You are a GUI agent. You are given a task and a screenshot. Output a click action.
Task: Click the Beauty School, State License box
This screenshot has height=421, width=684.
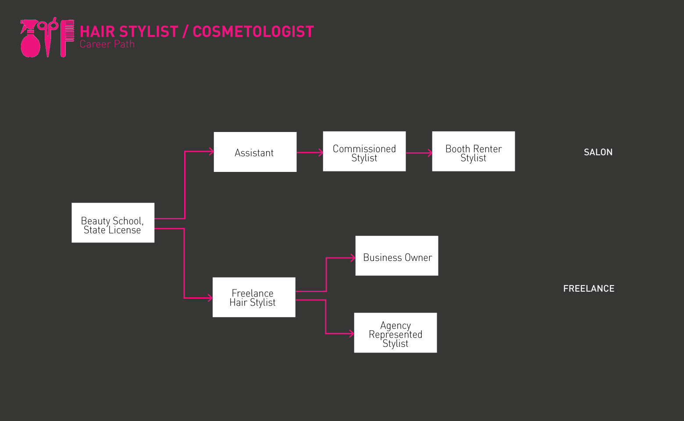(x=113, y=222)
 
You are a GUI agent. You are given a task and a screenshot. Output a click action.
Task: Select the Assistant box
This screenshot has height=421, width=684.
(x=255, y=152)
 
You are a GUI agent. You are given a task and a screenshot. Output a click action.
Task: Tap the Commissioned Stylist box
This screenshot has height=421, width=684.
(x=364, y=151)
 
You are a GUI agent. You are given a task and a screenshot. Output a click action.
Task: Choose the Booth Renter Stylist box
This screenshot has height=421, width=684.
(x=473, y=151)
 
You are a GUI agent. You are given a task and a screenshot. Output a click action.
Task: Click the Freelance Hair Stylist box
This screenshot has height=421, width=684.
(x=253, y=297)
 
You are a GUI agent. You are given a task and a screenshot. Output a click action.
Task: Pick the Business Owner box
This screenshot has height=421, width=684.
(x=396, y=256)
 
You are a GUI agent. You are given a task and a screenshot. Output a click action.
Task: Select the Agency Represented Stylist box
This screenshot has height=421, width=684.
(x=395, y=332)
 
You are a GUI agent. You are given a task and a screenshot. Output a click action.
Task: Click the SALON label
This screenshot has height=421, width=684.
(x=598, y=152)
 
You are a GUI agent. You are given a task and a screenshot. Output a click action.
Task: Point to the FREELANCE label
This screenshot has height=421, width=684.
(x=588, y=289)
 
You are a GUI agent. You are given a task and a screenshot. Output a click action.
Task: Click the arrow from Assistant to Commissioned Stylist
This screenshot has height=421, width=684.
(x=310, y=153)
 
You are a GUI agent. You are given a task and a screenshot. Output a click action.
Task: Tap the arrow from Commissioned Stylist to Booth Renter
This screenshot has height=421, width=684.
(x=419, y=153)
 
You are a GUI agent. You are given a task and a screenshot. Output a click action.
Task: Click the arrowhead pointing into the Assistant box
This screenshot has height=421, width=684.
(x=211, y=151)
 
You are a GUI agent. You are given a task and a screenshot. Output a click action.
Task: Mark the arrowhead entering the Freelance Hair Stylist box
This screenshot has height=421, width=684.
(x=210, y=298)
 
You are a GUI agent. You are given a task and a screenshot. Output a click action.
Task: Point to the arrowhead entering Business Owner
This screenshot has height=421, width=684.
(x=353, y=258)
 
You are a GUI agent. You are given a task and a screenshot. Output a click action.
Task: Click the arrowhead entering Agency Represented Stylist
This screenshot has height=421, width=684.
(x=352, y=334)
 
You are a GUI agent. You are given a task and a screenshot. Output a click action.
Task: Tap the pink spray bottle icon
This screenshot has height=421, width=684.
(x=30, y=39)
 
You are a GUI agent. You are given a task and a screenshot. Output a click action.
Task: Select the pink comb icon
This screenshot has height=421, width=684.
(x=67, y=38)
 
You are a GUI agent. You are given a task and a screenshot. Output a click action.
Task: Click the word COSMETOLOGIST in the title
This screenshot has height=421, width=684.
(x=253, y=32)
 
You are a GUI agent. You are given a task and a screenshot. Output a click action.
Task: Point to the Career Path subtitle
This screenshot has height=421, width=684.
(x=107, y=44)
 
